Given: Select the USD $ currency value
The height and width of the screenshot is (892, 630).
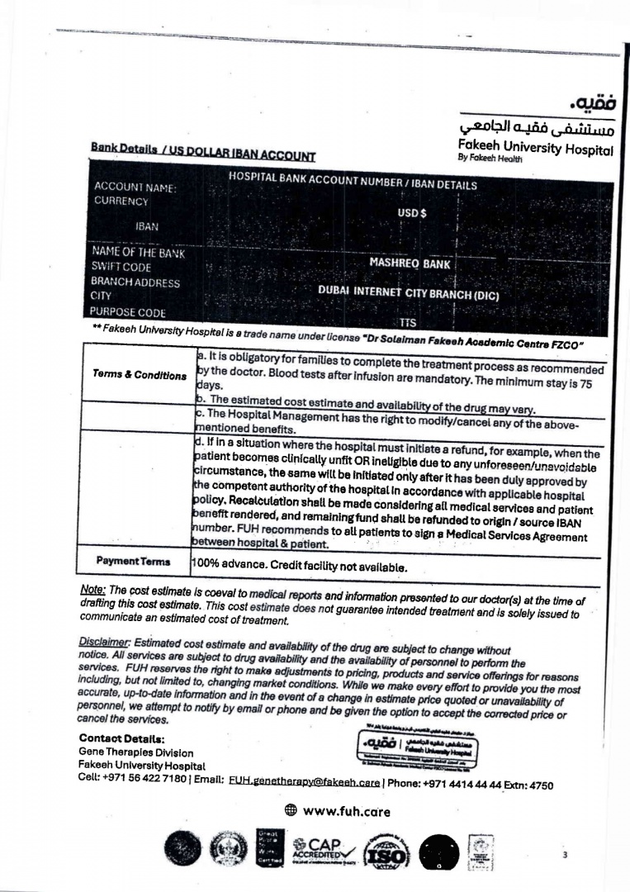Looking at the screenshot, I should click(410, 212).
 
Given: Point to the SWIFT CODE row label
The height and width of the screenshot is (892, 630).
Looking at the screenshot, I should click(122, 268).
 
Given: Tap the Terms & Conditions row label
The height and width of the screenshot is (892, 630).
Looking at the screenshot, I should click(140, 376).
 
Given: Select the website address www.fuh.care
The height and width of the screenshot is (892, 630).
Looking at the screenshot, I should click(347, 811).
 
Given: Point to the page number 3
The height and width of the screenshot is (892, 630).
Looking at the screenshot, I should click(565, 856).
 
